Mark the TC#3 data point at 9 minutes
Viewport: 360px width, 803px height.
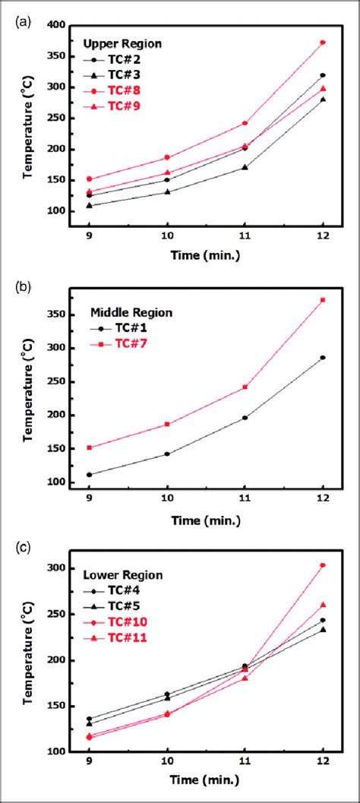click(90, 205)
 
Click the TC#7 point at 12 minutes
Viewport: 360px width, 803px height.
click(323, 300)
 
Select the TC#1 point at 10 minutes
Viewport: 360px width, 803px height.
click(167, 454)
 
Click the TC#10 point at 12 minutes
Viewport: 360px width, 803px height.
click(323, 565)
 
